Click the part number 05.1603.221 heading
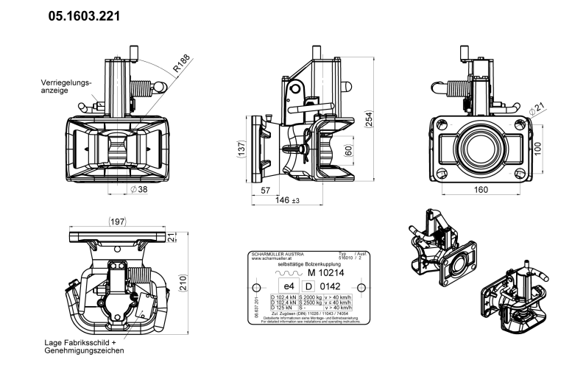click(x=85, y=15)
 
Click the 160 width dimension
click(x=481, y=190)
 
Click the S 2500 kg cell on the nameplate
click(x=311, y=302)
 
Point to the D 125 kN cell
click(x=283, y=307)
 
